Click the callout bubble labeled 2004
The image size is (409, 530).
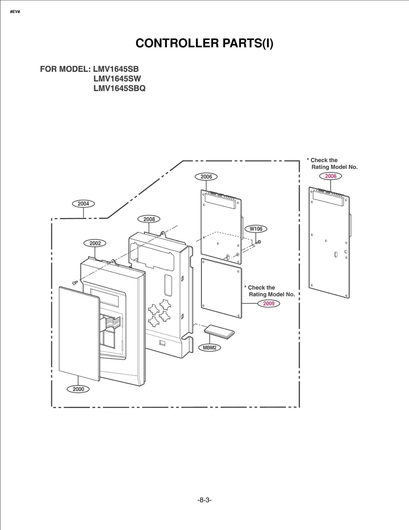(x=83, y=204)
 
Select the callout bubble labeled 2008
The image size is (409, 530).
(x=149, y=219)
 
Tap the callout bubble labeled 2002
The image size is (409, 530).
(x=95, y=243)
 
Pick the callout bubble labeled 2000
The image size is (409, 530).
(x=78, y=389)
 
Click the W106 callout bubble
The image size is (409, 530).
(x=256, y=229)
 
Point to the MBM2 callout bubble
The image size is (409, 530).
(x=210, y=348)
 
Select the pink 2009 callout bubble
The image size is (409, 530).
(x=269, y=303)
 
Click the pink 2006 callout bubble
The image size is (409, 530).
(x=331, y=176)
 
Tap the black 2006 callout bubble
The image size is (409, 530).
(x=206, y=177)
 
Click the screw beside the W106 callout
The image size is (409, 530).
(x=258, y=242)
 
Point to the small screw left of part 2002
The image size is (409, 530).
(x=75, y=283)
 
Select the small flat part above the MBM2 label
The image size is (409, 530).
(x=219, y=332)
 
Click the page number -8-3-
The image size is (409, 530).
(x=204, y=500)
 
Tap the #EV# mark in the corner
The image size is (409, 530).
(x=15, y=12)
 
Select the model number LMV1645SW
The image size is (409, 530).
(x=117, y=79)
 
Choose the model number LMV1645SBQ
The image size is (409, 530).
(x=119, y=88)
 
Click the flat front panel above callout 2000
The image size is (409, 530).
(x=79, y=334)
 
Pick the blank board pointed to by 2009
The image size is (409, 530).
(x=221, y=288)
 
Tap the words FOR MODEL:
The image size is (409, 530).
(x=65, y=69)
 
